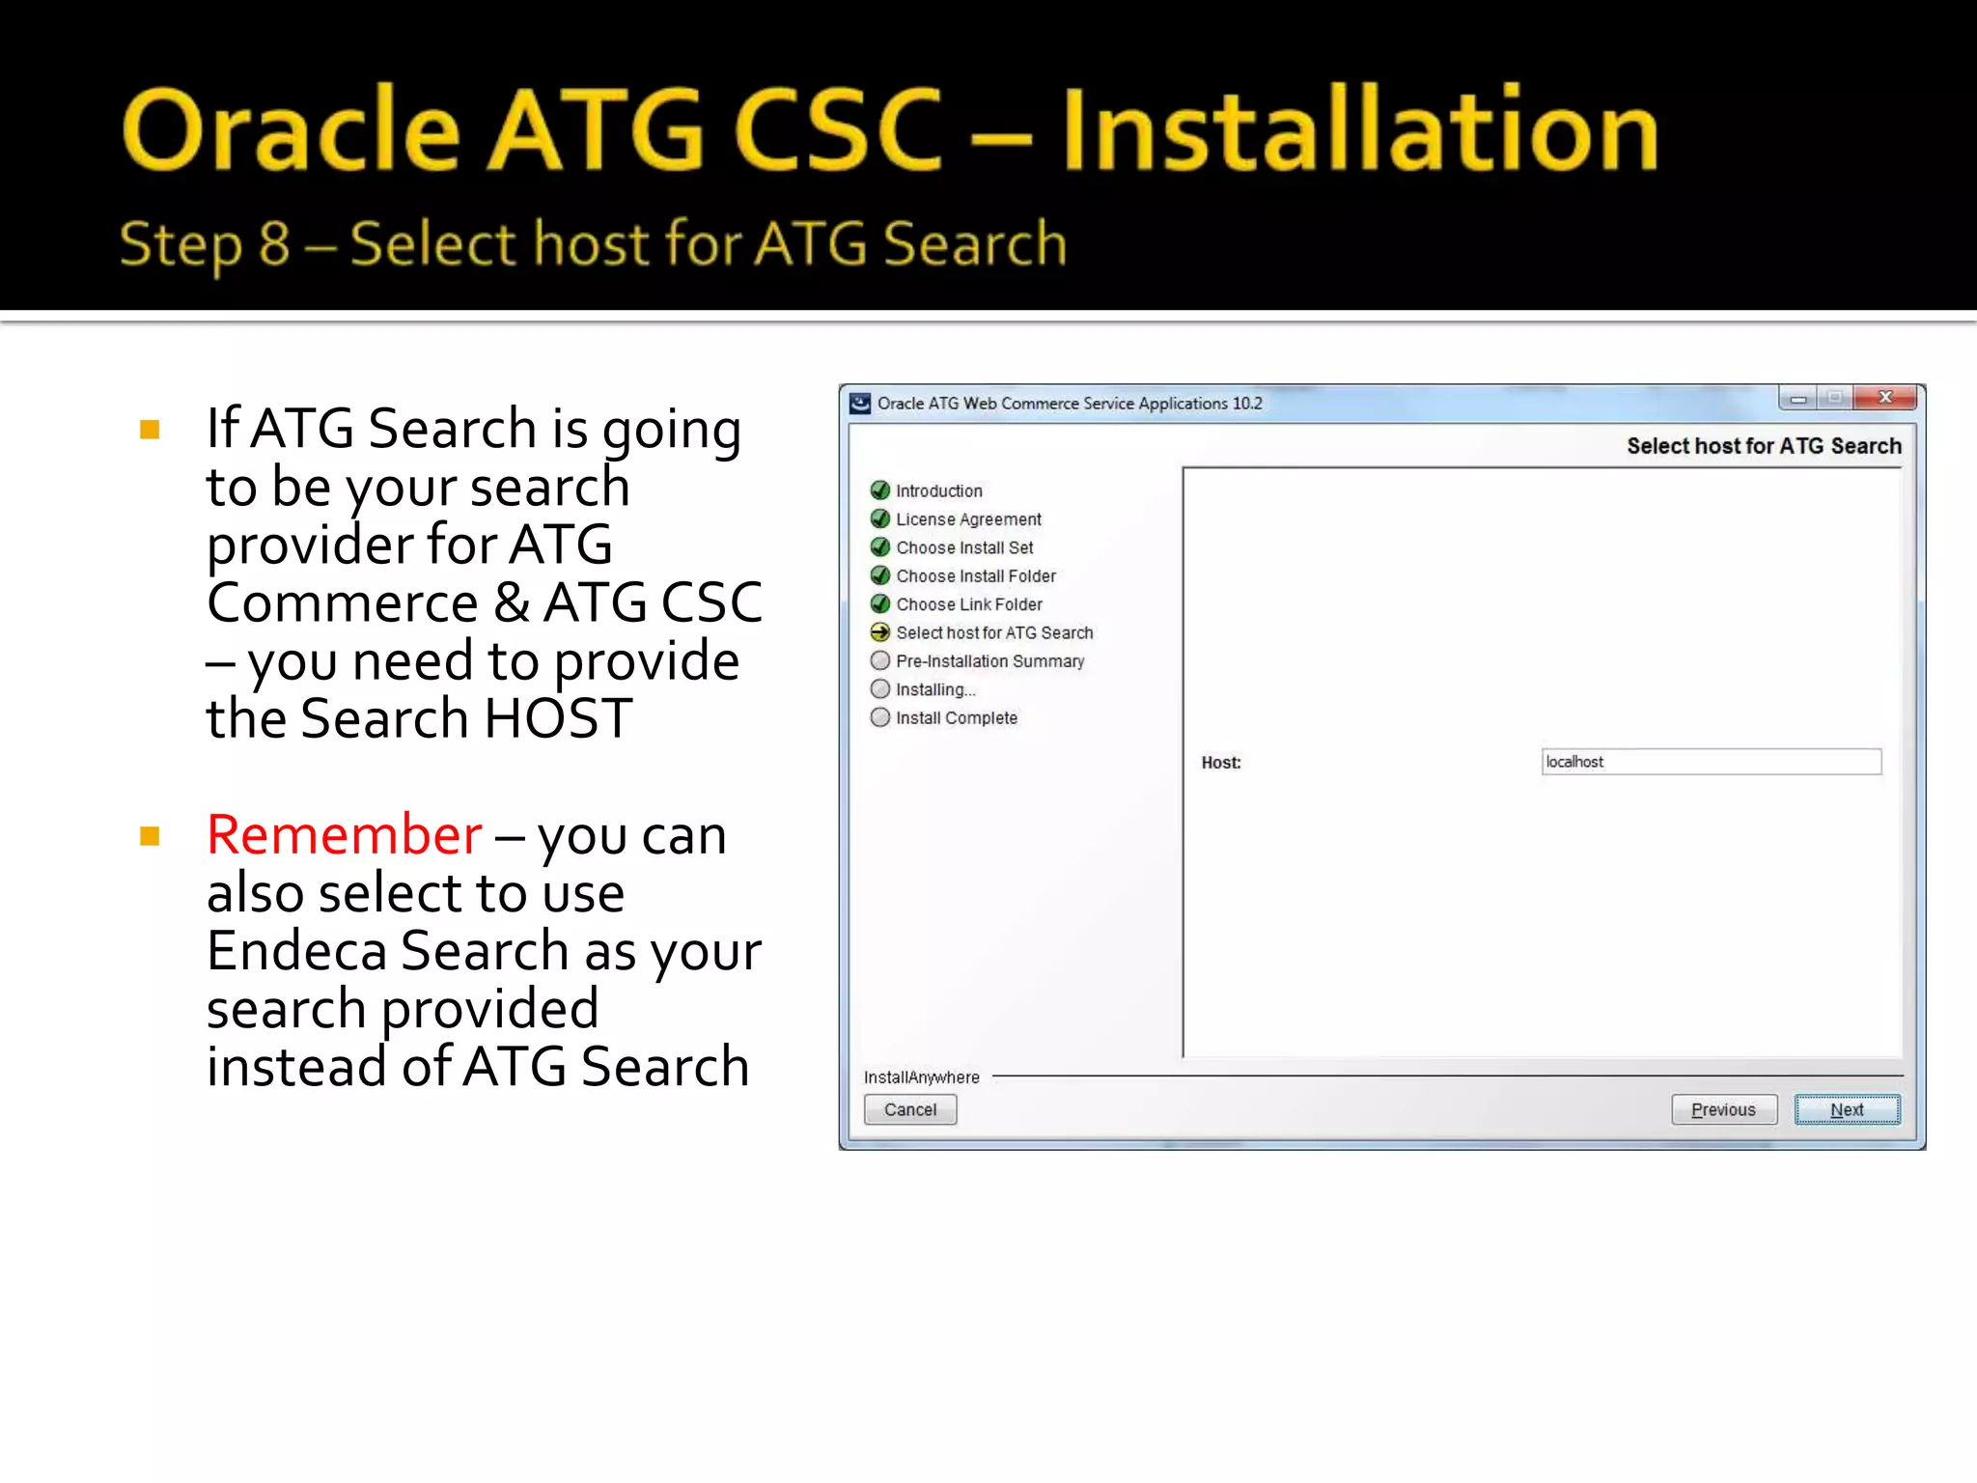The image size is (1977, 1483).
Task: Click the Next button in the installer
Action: click(x=1847, y=1109)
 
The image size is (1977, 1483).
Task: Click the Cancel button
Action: click(x=909, y=1109)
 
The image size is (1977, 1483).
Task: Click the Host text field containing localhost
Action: click(x=1711, y=762)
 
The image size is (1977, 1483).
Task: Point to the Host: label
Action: click(x=1220, y=763)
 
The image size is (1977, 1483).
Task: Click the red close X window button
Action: click(x=1884, y=398)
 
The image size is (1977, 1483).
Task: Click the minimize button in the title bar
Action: click(x=1797, y=399)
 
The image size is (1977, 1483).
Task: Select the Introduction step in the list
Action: click(x=938, y=490)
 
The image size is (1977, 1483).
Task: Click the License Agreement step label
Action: click(x=968, y=519)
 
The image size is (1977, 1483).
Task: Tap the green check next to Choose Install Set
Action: click(x=879, y=547)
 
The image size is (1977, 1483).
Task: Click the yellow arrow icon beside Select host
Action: click(x=879, y=632)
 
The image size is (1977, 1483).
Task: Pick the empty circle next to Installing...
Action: click(x=879, y=689)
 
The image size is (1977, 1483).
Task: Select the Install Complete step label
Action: click(x=956, y=718)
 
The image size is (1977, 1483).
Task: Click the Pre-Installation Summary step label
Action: click(x=989, y=661)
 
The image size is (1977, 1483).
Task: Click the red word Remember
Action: click(x=344, y=835)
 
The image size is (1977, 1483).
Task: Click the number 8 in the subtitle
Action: click(x=274, y=243)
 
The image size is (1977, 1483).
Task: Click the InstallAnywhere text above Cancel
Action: click(x=921, y=1077)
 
